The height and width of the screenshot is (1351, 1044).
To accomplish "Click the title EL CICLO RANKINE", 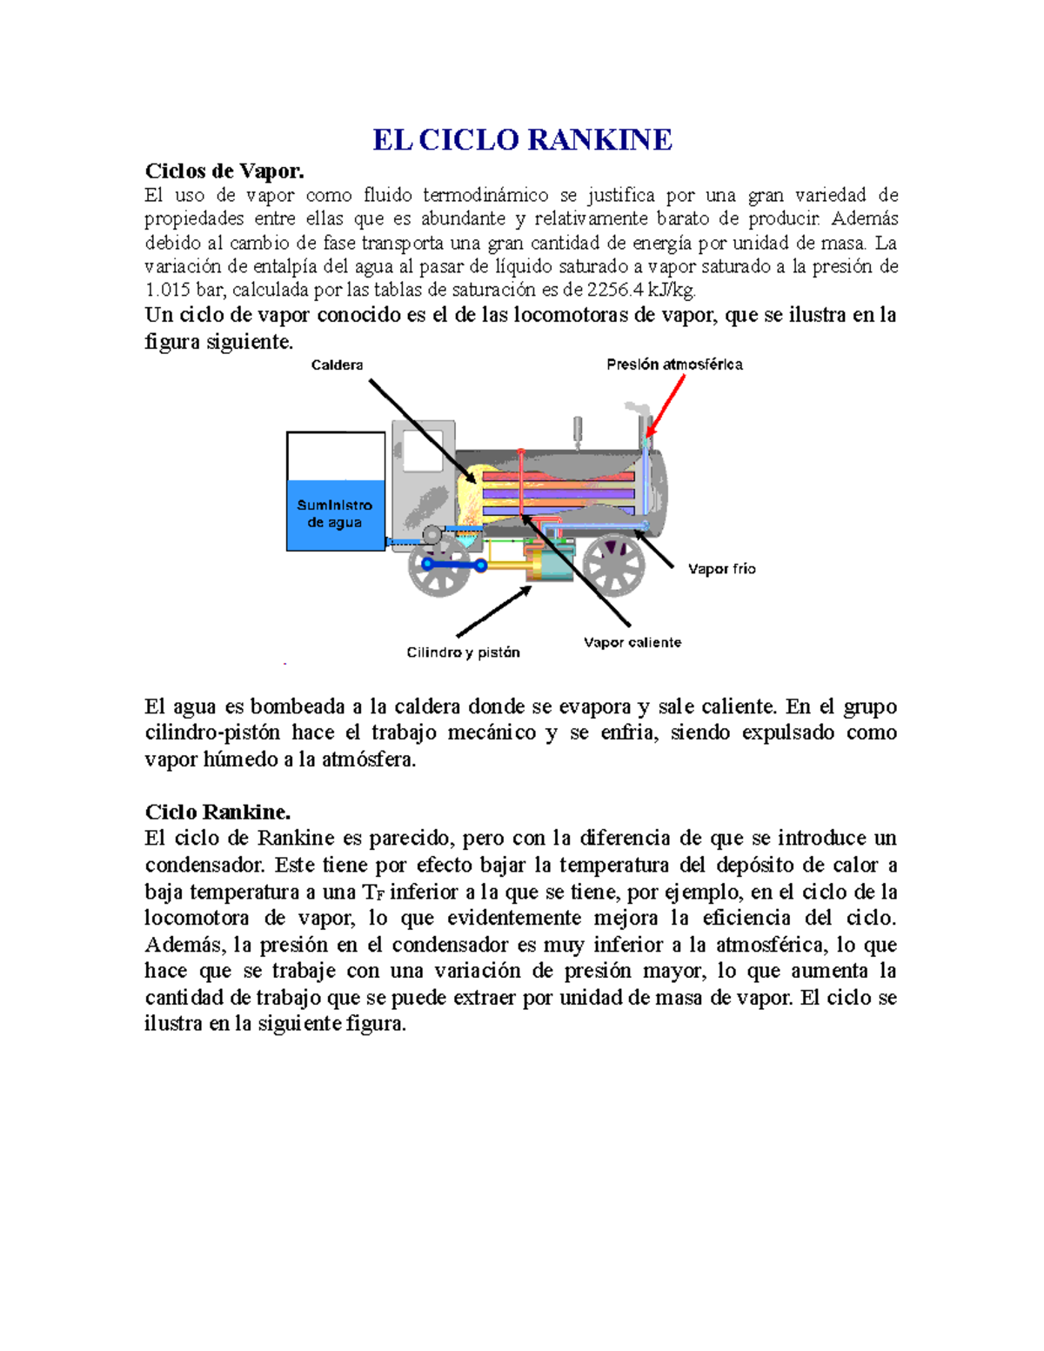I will [x=522, y=139].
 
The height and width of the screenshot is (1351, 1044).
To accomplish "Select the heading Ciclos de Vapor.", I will [x=224, y=171].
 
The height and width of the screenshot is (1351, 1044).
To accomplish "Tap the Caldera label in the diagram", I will [x=337, y=365].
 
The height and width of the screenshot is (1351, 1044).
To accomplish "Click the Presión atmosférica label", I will [x=674, y=365].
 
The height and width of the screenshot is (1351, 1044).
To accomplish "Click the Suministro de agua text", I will [x=335, y=513].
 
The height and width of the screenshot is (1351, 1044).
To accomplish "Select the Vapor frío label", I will [x=721, y=569].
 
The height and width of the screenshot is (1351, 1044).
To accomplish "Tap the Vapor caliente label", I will [x=632, y=643].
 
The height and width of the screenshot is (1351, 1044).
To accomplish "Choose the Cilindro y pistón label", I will [x=463, y=652].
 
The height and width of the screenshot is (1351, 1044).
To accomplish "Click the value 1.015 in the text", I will [x=167, y=291].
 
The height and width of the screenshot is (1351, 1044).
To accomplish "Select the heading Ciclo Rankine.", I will [x=217, y=812].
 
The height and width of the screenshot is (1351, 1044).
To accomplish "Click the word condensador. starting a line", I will [x=205, y=866].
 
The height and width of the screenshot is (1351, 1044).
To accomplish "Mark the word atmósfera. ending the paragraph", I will [x=369, y=759].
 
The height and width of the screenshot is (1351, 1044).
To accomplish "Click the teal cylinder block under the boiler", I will [x=548, y=564].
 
